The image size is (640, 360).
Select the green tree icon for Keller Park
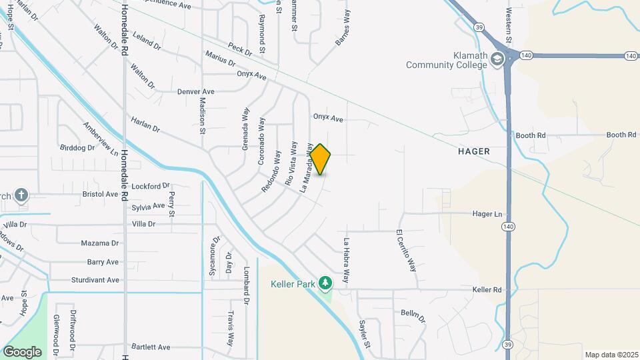[x=325, y=284]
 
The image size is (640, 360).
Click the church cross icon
[x=21, y=195]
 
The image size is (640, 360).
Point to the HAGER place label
[x=474, y=151]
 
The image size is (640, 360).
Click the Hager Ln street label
[x=487, y=214]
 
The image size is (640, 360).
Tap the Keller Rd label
[x=487, y=290]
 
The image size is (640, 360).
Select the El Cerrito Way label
[x=406, y=251]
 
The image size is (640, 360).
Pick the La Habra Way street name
[x=346, y=261]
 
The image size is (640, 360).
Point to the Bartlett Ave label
[x=151, y=347]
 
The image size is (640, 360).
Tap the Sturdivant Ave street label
[x=95, y=280]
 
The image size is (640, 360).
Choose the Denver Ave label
[x=196, y=91]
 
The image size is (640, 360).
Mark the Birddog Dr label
[x=77, y=147]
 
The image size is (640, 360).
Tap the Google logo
[x=22, y=352]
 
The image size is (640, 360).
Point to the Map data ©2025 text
[x=610, y=355]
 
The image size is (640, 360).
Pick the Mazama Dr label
[x=99, y=243]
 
